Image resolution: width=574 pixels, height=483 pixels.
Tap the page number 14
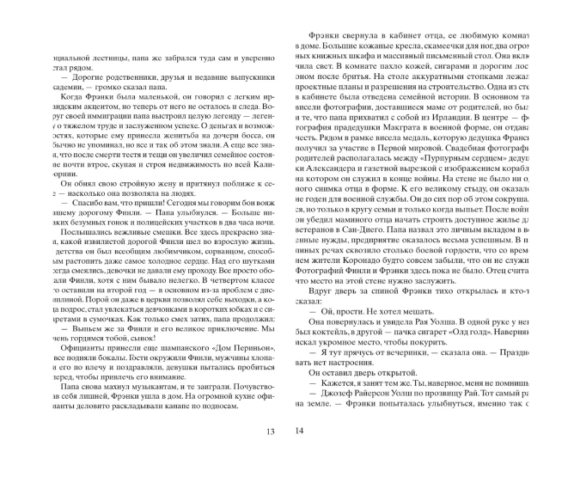[301, 455]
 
